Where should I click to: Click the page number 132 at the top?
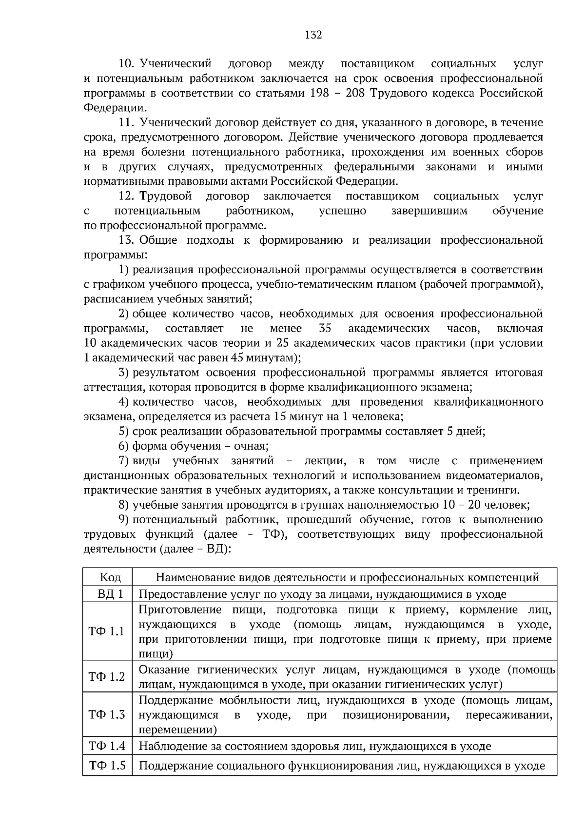[313, 35]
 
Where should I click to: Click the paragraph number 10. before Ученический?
[128, 64]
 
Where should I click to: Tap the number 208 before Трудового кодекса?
[355, 94]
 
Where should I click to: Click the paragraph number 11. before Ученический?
[128, 123]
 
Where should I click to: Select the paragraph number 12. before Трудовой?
[128, 197]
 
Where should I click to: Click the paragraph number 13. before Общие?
[128, 240]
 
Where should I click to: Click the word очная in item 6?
[251, 446]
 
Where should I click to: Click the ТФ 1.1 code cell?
[107, 631]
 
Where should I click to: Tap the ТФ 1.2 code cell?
[107, 677]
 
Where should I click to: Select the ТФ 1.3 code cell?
[107, 715]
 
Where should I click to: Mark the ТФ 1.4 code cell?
[107, 746]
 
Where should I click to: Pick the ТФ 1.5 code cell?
[107, 766]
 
